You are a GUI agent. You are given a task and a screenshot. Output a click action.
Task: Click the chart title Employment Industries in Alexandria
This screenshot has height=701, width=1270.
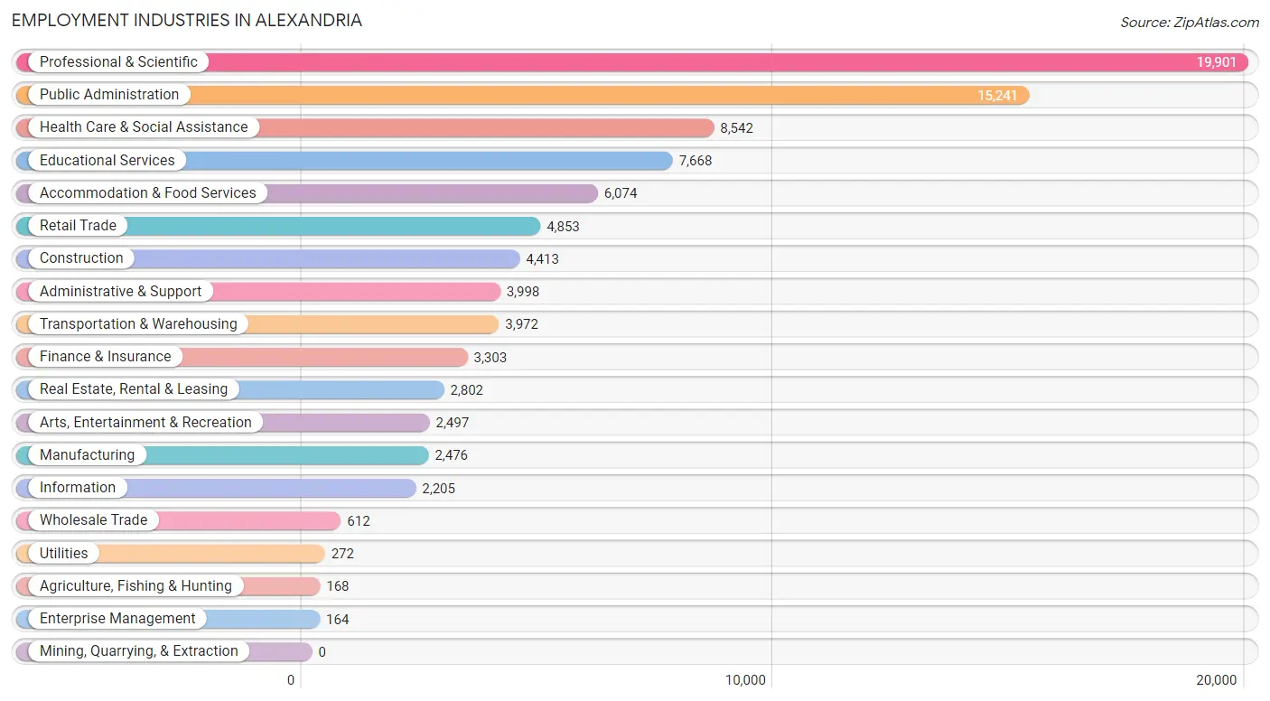[187, 21]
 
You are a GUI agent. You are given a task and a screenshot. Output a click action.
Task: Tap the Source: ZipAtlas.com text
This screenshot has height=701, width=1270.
[1190, 23]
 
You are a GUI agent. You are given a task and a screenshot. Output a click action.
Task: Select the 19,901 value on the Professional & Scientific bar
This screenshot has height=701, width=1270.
[1217, 62]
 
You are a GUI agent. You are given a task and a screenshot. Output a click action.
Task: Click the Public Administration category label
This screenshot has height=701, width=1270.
[109, 95]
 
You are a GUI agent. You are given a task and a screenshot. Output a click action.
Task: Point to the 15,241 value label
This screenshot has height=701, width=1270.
[997, 96]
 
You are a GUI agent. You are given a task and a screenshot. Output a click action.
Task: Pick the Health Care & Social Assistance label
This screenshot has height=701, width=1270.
[144, 127]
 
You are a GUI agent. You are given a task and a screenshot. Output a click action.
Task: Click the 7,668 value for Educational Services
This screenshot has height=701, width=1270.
[696, 161]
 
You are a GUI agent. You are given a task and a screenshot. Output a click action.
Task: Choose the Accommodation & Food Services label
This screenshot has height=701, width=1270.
[147, 193]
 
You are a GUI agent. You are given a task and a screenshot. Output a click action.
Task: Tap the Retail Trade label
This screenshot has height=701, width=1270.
[78, 226]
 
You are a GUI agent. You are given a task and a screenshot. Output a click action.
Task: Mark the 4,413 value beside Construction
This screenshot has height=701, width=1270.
[542, 259]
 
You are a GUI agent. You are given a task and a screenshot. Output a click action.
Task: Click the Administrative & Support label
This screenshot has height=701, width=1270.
[120, 292]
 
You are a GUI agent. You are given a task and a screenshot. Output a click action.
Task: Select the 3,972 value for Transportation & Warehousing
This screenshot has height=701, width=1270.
[521, 324]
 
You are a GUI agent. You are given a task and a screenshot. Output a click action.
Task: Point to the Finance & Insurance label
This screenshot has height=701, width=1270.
[105, 357]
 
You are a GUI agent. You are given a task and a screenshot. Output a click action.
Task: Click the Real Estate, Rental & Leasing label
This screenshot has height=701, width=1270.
[134, 389]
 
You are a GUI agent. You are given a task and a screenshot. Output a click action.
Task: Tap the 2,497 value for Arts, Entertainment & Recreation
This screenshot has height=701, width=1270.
[452, 423]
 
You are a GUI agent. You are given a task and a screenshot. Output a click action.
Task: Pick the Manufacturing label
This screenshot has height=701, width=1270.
[87, 455]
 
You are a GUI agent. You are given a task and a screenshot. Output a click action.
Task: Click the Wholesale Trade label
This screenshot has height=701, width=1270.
[93, 520]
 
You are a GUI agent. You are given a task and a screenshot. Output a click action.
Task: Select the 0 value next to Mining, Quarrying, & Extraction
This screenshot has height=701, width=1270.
[322, 652]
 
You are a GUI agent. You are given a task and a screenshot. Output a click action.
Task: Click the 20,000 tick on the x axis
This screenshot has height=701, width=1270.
[1216, 680]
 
